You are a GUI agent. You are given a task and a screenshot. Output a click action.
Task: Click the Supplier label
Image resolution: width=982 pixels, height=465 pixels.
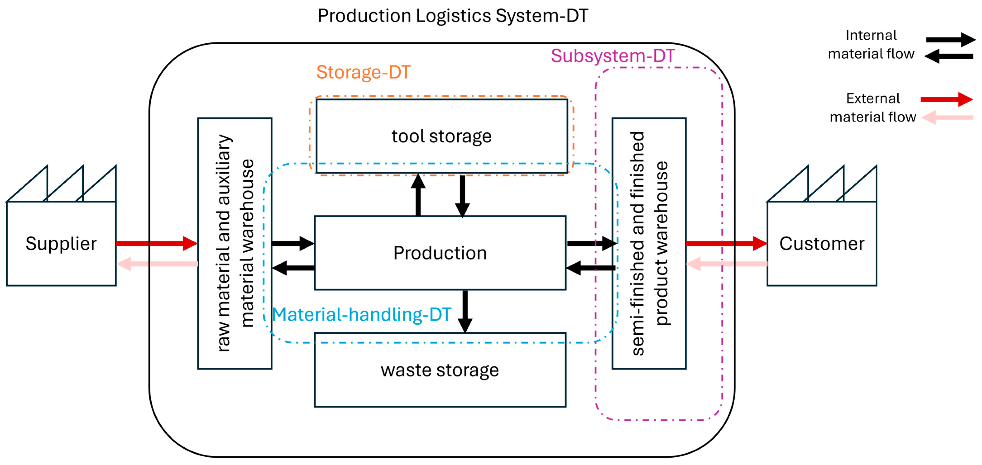(x=61, y=243)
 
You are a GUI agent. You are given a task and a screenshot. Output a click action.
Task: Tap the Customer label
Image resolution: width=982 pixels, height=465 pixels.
(x=822, y=243)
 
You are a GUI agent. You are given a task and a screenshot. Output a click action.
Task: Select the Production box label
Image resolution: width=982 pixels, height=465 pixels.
(x=440, y=253)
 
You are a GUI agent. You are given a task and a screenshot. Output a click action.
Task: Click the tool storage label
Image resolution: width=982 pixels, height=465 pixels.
(x=442, y=136)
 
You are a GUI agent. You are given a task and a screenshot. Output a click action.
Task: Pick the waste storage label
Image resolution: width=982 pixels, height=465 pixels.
(x=440, y=370)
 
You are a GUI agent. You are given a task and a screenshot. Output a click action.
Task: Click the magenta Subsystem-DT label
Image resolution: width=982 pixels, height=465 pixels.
(x=613, y=56)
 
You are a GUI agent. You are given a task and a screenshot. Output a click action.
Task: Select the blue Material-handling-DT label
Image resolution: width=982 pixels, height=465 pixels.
(x=361, y=315)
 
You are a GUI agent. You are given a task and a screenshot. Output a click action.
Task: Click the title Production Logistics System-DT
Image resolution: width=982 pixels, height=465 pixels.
(x=453, y=16)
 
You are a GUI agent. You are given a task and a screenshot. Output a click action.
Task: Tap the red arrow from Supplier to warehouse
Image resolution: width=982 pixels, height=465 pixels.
(x=156, y=243)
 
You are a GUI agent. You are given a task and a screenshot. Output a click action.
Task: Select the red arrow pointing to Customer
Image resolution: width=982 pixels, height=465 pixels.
(x=726, y=243)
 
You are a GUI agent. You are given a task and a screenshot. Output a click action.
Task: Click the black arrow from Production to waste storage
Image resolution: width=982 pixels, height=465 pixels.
(x=465, y=311)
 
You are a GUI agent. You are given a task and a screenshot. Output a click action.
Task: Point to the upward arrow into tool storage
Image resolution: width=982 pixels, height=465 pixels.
(x=418, y=195)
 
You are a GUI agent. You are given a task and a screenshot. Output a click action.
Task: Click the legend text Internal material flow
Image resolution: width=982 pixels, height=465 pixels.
(x=871, y=45)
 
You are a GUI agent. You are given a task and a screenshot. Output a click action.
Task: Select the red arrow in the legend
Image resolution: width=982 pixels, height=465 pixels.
(x=946, y=100)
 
